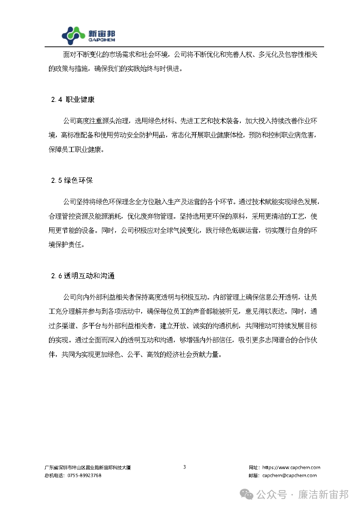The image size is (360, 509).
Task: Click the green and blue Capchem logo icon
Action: coord(73,36)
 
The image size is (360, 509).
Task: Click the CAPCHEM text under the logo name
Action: coord(102,40)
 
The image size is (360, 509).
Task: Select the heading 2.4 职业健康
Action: coord(73,99)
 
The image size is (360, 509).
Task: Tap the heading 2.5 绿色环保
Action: coord(72,180)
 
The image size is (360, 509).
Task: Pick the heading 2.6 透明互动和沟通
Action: coord(83,276)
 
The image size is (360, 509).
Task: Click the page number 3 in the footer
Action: coord(184,467)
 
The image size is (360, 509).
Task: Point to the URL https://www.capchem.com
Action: coord(291,467)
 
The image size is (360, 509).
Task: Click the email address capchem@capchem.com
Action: coord(289,475)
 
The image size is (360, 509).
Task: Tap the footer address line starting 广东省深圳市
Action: coord(87,468)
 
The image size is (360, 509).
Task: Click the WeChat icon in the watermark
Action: coord(247,494)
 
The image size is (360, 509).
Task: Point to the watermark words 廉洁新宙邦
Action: coord(323,494)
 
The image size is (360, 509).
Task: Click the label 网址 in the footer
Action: coord(254,467)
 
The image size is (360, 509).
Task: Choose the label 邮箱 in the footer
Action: coord(254,475)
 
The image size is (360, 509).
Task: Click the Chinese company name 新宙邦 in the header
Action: coord(102,33)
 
